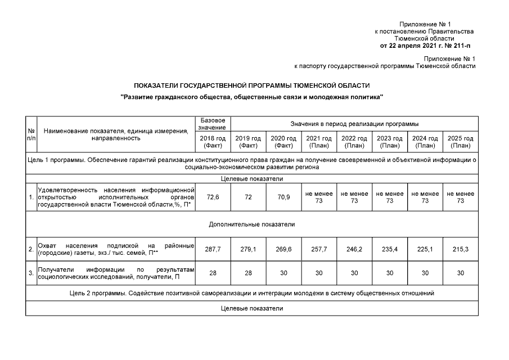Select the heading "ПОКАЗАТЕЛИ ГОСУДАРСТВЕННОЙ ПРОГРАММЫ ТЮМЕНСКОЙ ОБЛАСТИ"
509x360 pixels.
click(x=252, y=85)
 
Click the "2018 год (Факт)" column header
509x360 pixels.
click(x=213, y=142)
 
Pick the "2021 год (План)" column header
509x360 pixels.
click(x=319, y=142)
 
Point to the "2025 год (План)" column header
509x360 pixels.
click(x=460, y=142)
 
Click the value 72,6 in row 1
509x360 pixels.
click(x=213, y=198)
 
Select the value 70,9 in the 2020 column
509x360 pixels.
click(x=283, y=198)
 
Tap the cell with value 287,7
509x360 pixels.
click(x=213, y=249)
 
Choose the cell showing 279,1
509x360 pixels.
click(x=248, y=249)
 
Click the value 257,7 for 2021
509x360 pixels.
click(x=319, y=249)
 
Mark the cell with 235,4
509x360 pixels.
click(x=389, y=249)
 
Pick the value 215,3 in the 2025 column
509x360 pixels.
click(x=460, y=249)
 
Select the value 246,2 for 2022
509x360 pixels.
click(x=354, y=249)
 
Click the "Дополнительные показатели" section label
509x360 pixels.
click(x=252, y=224)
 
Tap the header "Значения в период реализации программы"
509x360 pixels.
click(x=354, y=124)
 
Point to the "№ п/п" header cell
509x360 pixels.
click(x=31, y=134)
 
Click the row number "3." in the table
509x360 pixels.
click(x=31, y=273)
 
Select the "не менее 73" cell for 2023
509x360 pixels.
click(x=389, y=198)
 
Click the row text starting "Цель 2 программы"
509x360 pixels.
click(x=252, y=293)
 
